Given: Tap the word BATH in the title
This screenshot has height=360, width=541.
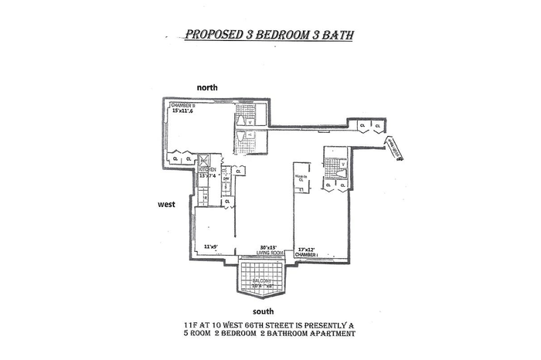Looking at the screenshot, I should coord(338,35).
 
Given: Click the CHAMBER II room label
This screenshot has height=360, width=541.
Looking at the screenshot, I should coord(185,104).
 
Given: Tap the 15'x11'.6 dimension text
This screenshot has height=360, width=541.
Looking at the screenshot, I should coord(188,111).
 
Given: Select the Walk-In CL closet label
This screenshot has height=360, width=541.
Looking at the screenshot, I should coord(301,178).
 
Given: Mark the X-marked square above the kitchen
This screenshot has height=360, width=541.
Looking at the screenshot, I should coord(204,160).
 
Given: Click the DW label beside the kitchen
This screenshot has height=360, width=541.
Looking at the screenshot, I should coord(226,177).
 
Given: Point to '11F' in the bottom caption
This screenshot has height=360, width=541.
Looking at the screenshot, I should coord(183,324).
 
